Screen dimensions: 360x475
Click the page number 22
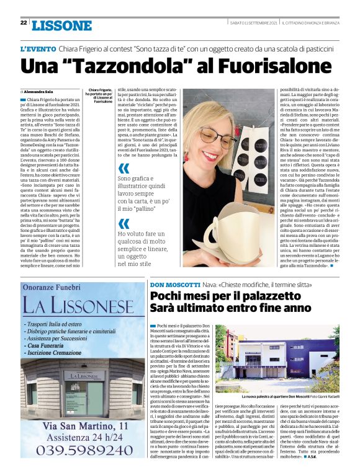[24, 23]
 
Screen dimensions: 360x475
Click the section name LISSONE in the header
[61, 25]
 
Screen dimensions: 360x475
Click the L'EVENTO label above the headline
[40, 48]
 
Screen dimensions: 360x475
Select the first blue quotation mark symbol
[124, 168]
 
